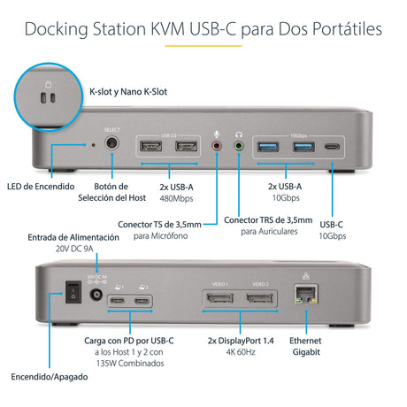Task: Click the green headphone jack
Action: coord(238,144)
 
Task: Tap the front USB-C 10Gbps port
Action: coord(332,146)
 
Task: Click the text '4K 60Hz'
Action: coord(242,353)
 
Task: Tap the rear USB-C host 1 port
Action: coord(117,303)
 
